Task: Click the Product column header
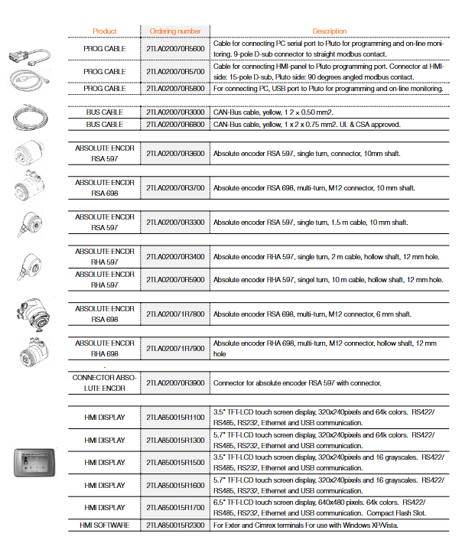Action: point(104,31)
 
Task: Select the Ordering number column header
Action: point(175,31)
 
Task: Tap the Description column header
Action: point(329,31)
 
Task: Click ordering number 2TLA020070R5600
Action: point(175,48)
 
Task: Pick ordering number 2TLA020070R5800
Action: point(175,89)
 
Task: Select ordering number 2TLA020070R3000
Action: point(175,112)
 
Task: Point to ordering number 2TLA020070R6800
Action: point(175,124)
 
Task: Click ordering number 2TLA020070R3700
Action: point(175,187)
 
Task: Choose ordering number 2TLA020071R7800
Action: point(175,314)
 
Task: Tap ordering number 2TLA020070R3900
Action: point(175,382)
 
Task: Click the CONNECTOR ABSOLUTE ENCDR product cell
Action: point(104,382)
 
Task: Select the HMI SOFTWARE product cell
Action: point(104,525)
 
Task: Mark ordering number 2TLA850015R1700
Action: point(175,507)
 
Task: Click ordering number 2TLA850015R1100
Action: point(175,417)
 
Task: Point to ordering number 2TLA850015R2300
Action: point(175,525)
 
